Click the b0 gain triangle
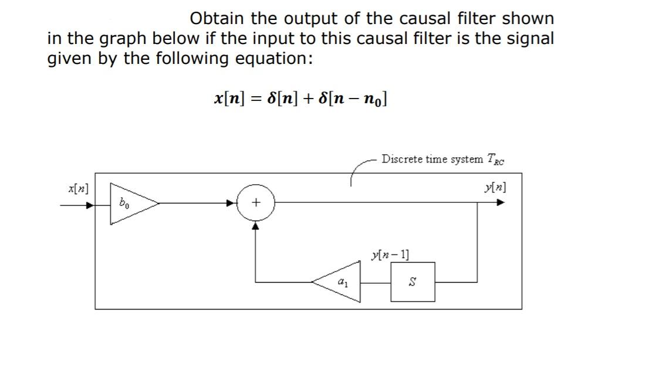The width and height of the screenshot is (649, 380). pyautogui.click(x=130, y=203)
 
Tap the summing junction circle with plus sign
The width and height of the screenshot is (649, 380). pyautogui.click(x=256, y=203)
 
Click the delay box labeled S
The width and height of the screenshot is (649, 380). pyautogui.click(x=413, y=282)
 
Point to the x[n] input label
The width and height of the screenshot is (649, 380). pyautogui.click(x=78, y=189)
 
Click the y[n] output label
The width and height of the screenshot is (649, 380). pyautogui.click(x=495, y=188)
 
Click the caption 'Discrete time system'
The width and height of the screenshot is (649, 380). pyautogui.click(x=432, y=159)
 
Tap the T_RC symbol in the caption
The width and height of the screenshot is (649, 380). pyautogui.click(x=495, y=159)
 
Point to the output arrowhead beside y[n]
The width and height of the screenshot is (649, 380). pyautogui.click(x=500, y=203)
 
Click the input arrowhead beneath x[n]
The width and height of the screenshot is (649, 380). pyautogui.click(x=89, y=205)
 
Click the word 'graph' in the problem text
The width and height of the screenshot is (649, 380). pyautogui.click(x=123, y=39)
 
